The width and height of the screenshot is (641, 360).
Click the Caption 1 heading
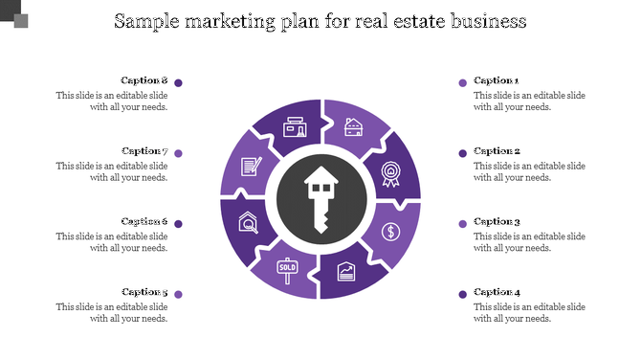click(497, 81)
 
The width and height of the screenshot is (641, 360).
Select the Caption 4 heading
click(497, 292)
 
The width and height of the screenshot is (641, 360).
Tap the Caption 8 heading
click(144, 80)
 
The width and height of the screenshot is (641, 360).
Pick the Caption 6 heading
click(144, 221)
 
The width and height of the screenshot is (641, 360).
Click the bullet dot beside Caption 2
click(463, 153)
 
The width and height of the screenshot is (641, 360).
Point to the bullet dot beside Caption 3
click(463, 224)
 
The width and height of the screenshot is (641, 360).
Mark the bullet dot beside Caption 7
click(179, 153)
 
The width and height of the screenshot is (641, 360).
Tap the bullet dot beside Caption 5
click(179, 294)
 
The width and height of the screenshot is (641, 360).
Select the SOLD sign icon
click(287, 268)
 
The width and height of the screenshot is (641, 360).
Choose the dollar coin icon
click(390, 231)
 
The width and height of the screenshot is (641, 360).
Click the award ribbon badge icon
click(390, 173)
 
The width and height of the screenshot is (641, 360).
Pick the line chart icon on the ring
click(346, 273)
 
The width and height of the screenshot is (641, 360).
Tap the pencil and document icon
click(251, 167)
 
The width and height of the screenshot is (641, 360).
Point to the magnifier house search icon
click(248, 224)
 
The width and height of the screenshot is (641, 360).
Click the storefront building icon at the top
click(295, 127)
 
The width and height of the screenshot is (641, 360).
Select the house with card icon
click(354, 127)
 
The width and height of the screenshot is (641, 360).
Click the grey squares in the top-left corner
click(13, 13)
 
